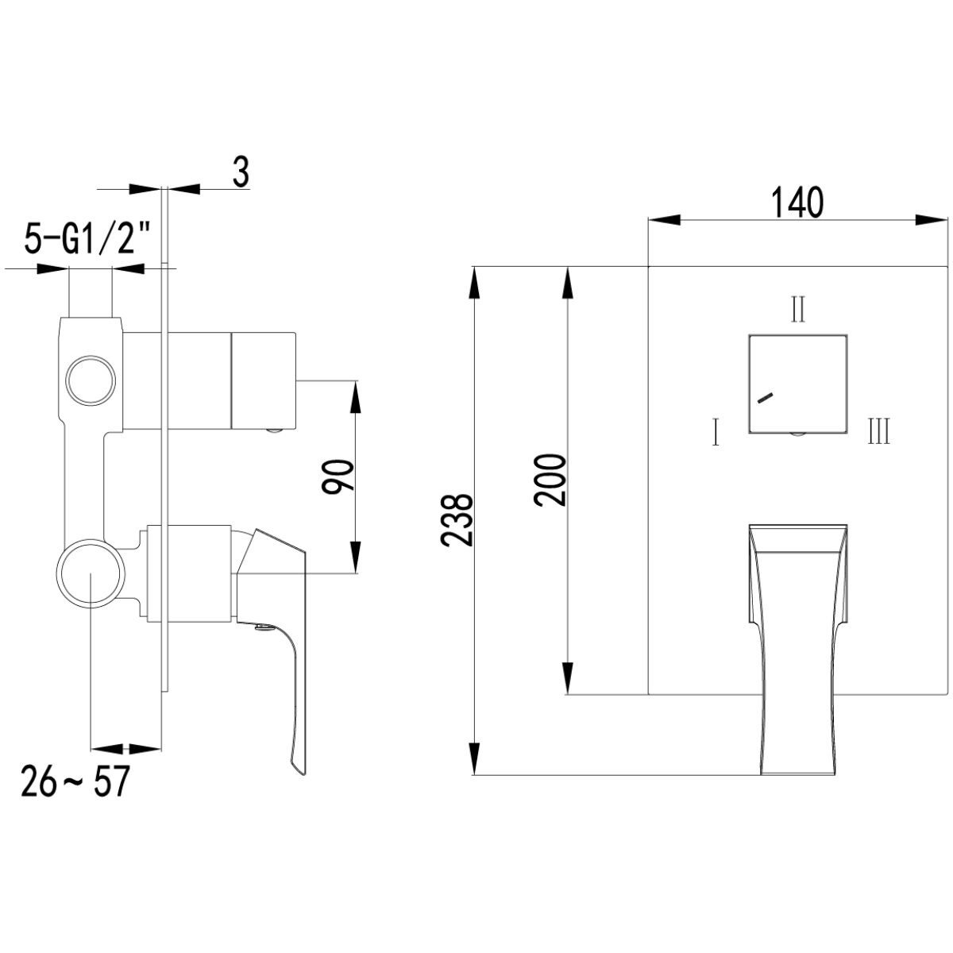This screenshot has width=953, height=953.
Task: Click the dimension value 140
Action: click(797, 202)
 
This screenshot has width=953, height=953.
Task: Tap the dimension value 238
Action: click(457, 519)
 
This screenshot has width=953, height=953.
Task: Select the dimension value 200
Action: click(549, 480)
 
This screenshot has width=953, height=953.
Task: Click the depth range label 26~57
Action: click(75, 781)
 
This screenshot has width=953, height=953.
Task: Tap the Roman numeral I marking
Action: click(715, 432)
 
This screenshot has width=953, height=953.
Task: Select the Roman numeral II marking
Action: click(797, 309)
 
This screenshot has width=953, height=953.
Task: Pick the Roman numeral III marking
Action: click(879, 430)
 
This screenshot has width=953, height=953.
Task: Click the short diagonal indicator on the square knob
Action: click(765, 398)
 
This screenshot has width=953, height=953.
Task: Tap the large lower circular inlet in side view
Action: click(91, 573)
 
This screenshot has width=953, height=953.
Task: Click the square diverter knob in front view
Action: click(797, 384)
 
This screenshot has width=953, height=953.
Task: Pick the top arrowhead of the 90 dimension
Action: click(355, 396)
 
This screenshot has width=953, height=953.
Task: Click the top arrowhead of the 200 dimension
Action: click(568, 283)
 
